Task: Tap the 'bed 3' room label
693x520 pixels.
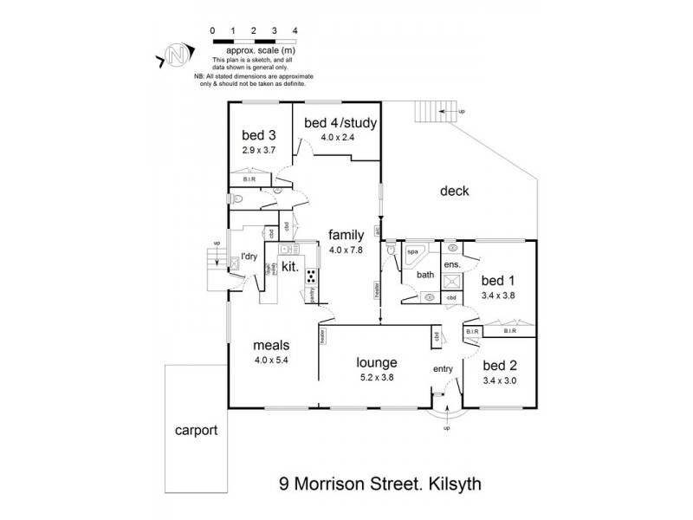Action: [258, 135]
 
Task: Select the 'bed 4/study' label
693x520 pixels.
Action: [340, 123]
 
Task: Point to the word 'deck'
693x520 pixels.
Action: [454, 192]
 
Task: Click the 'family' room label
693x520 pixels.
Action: [346, 235]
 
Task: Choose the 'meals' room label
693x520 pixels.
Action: [270, 344]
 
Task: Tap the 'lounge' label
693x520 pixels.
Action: [376, 362]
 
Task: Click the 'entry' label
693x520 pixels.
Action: [444, 370]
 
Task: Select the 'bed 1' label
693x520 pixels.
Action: [498, 281]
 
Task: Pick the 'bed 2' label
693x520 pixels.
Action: [499, 364]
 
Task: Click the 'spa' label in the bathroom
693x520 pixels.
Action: [412, 251]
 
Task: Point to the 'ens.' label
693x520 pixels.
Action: [451, 264]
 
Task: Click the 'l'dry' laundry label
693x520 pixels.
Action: [249, 257]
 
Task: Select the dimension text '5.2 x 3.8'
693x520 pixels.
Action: [376, 377]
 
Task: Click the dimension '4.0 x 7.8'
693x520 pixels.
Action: [346, 250]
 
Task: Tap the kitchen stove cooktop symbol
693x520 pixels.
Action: [309, 276]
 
